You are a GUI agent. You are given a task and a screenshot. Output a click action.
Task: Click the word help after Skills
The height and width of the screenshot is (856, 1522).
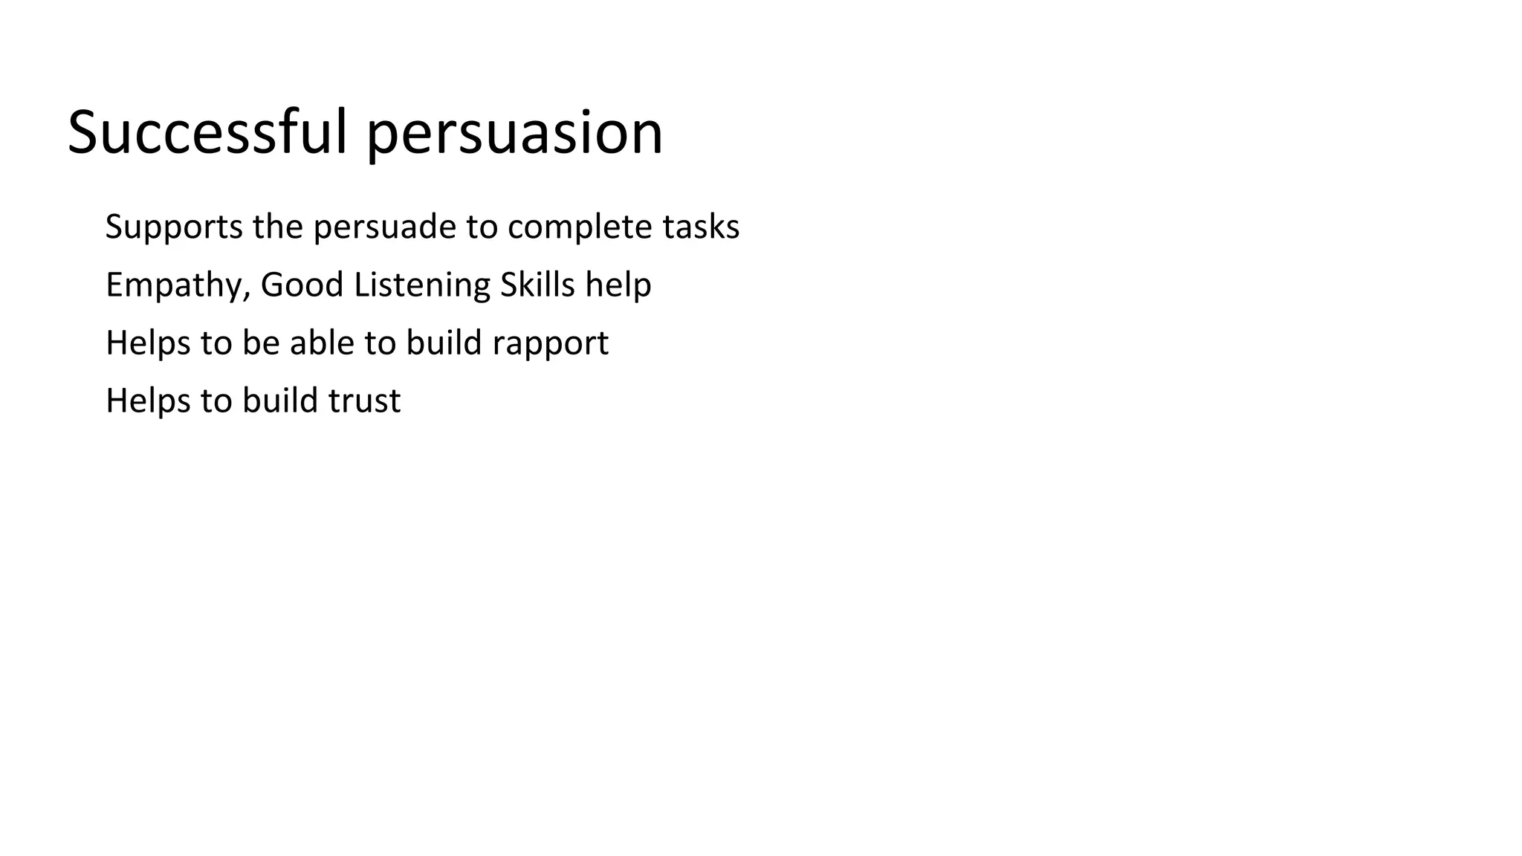point(618,285)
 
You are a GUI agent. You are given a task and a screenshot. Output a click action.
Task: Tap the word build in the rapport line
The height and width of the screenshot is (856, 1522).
point(444,343)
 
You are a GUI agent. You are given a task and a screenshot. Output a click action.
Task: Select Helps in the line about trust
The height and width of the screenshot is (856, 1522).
point(148,401)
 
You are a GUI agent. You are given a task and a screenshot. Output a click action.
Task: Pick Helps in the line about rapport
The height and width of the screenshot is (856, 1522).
point(148,343)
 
